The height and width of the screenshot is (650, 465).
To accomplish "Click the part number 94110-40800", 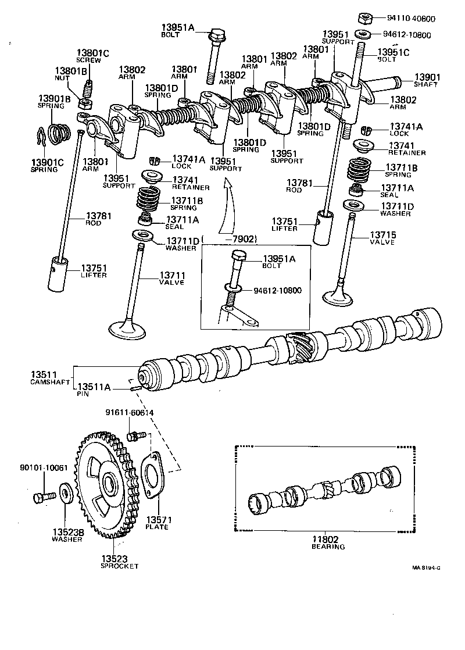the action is pyautogui.click(x=410, y=19).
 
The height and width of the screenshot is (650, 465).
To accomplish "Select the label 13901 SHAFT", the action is pyautogui.click(x=427, y=80).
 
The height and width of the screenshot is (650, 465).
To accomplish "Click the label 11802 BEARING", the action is pyautogui.click(x=328, y=542).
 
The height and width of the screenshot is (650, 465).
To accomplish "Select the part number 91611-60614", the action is pyautogui.click(x=130, y=413).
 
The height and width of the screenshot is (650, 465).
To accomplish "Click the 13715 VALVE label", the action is pyautogui.click(x=381, y=238).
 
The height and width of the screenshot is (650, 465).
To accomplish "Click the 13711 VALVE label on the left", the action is pyautogui.click(x=171, y=278).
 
